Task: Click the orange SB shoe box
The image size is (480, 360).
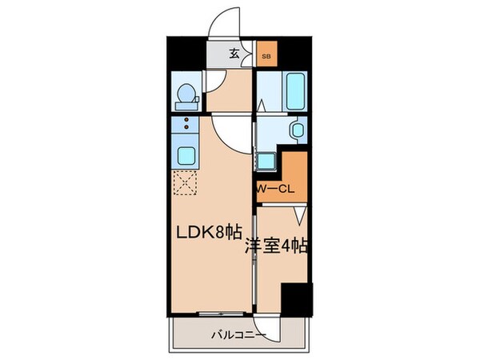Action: (x=266, y=57)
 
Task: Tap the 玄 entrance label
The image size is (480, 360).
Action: (x=234, y=54)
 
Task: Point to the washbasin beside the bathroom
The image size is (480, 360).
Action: (x=296, y=130)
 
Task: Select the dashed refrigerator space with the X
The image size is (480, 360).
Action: (x=186, y=183)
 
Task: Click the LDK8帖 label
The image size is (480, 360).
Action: (x=210, y=233)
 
